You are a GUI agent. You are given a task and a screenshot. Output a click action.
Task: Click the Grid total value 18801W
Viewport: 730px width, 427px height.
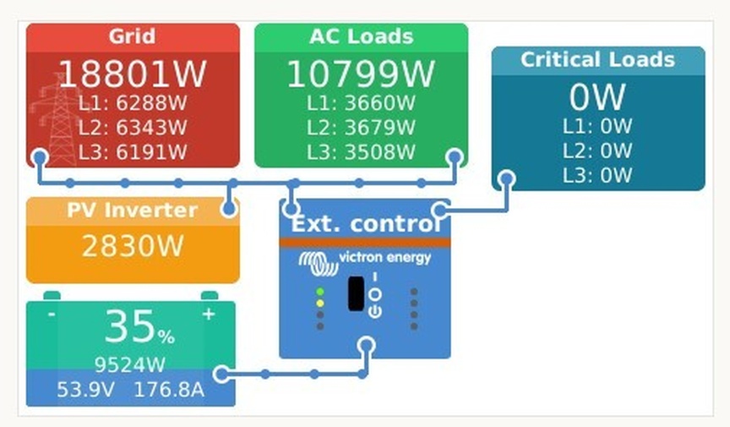(132, 74)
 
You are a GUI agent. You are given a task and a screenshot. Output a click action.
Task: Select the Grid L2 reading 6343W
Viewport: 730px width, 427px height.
(132, 128)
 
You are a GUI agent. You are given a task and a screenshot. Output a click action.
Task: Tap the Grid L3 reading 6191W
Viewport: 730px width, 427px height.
(132, 152)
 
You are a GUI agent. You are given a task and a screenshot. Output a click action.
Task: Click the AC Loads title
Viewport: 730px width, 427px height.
(361, 36)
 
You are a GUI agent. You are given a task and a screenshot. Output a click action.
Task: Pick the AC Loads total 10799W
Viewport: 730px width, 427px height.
(361, 74)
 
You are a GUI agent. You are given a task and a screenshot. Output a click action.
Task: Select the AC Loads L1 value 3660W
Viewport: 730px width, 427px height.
(361, 103)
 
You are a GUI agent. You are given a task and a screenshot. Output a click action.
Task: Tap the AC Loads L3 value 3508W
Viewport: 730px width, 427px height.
(361, 152)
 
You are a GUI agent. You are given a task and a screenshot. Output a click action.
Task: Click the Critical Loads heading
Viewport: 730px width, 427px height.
(597, 60)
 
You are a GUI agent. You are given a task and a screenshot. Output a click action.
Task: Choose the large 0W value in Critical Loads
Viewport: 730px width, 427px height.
(597, 98)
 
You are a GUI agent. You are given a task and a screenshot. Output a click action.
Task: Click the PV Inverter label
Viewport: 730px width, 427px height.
(132, 211)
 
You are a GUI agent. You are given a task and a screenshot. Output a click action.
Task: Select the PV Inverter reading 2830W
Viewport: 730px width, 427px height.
(132, 246)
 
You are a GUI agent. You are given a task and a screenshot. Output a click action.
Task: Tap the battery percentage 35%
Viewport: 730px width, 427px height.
(139, 327)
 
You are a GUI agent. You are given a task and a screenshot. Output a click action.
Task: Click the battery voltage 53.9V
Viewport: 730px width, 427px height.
(84, 391)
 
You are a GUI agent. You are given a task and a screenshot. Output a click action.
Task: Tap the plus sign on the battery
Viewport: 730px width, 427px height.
(208, 314)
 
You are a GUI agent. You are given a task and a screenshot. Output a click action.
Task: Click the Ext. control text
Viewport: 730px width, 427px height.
(365, 224)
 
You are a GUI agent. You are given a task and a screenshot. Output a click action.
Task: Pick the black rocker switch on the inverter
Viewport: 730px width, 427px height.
(356, 293)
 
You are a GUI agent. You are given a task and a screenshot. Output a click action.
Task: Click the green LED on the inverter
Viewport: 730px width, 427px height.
(320, 293)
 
